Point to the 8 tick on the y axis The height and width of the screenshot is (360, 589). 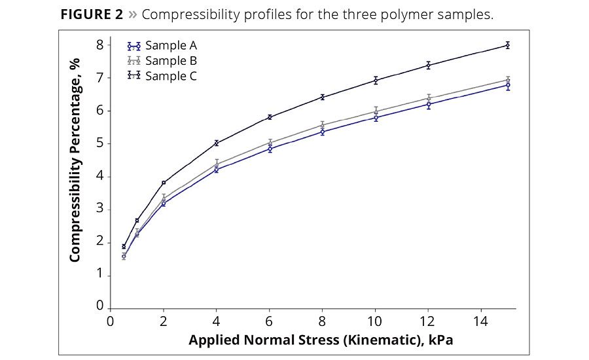point(100,45)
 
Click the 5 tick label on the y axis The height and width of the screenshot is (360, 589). point(100,143)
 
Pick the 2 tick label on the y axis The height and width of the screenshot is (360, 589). point(100,242)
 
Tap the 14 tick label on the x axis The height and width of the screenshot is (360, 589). point(482,321)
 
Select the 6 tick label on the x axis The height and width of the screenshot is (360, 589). point(270,321)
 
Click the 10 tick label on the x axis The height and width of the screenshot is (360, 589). point(376,321)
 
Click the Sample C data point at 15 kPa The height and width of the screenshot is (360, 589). point(507,45)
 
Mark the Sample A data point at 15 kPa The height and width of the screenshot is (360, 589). point(507,85)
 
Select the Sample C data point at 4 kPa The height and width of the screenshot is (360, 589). point(217,143)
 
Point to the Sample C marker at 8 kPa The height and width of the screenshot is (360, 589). point(323,97)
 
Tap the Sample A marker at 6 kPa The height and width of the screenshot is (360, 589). point(270,149)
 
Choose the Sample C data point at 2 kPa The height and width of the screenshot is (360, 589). point(164,183)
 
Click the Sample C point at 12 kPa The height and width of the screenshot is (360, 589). point(429,65)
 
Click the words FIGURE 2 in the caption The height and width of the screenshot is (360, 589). point(92,14)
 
